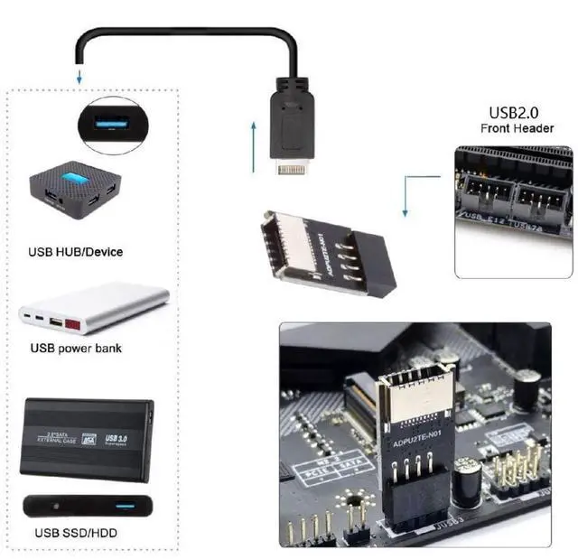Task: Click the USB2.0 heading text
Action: pos(516,113)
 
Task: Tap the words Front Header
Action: pos(517,128)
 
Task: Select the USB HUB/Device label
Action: pos(77,251)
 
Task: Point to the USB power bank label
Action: pos(76,348)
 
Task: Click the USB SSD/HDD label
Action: pos(74,533)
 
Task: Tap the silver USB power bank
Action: pos(94,310)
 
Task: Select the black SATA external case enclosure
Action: pos(87,437)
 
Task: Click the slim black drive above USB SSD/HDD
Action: pos(87,505)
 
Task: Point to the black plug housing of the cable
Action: pos(291,117)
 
